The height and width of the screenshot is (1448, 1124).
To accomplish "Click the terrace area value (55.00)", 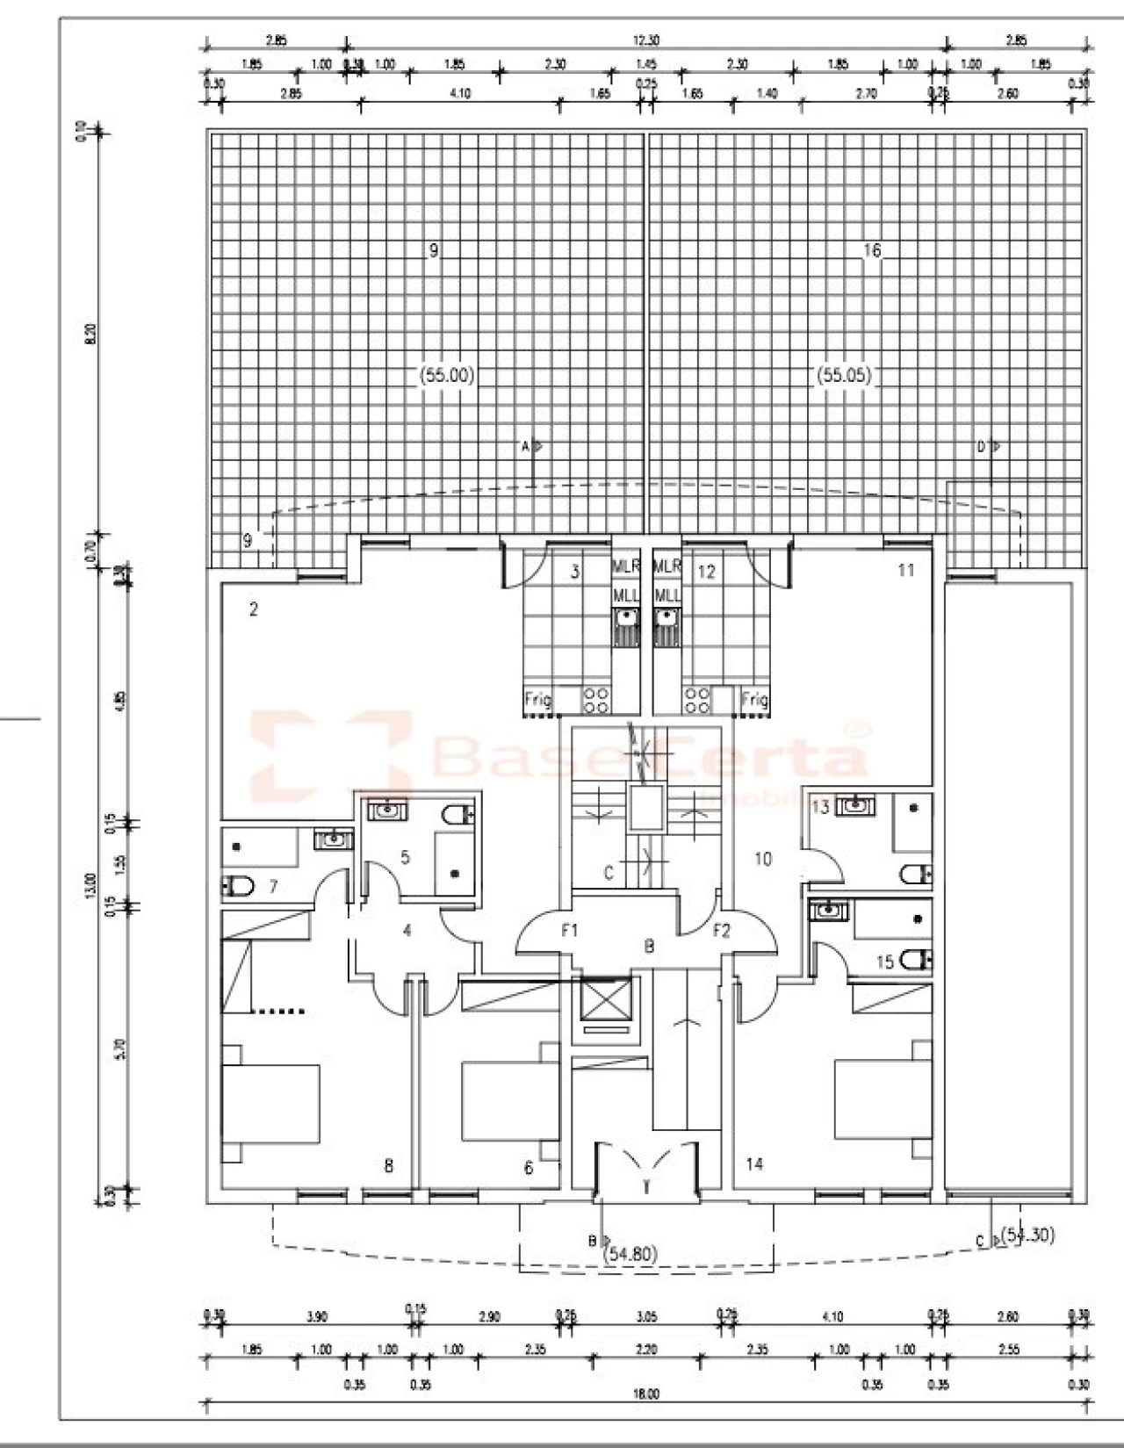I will click(446, 375).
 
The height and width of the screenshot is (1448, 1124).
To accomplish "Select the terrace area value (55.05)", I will click(844, 375).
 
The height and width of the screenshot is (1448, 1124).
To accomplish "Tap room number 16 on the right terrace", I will click(871, 251).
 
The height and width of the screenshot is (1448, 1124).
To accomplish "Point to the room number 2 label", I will click(254, 609).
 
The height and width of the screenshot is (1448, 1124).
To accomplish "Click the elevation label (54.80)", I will click(631, 1254).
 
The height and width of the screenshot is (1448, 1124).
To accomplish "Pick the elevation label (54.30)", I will click(1027, 1235).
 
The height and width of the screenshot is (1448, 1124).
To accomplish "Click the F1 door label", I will click(569, 931).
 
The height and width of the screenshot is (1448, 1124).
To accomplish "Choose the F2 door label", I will click(721, 931).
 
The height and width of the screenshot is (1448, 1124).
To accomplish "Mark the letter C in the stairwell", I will click(608, 874).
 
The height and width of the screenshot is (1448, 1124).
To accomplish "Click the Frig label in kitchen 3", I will click(537, 700).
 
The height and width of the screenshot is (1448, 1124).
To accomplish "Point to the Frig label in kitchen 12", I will click(754, 700).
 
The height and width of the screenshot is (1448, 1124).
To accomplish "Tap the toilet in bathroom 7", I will click(237, 887).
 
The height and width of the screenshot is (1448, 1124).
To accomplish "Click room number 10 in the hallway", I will click(763, 859).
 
